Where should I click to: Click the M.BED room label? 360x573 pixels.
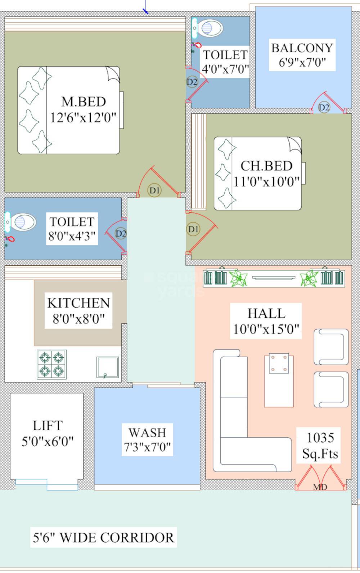(x=84, y=109)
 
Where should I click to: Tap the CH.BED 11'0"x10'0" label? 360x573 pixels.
(x=266, y=174)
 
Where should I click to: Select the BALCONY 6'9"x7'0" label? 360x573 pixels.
(x=302, y=55)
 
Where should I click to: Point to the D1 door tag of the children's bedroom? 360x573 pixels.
(x=193, y=229)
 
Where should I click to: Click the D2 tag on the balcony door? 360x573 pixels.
(x=324, y=107)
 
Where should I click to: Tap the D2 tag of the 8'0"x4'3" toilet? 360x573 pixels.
(x=121, y=233)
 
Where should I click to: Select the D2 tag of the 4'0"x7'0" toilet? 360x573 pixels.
(x=192, y=82)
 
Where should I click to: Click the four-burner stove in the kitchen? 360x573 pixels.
(x=51, y=364)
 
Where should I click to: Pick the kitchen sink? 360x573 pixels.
(x=107, y=367)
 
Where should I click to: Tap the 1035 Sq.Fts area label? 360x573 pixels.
(x=320, y=445)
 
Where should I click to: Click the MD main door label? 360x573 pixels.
(x=320, y=487)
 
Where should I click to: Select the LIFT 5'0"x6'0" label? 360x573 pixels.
(x=48, y=433)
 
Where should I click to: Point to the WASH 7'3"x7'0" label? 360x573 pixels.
(x=147, y=439)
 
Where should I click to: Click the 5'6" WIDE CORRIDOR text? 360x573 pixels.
(x=104, y=537)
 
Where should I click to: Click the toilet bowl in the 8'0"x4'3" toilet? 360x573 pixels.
(x=23, y=222)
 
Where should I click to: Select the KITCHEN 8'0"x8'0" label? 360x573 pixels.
(x=78, y=310)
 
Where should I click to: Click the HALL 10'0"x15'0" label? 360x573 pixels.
(x=266, y=321)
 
